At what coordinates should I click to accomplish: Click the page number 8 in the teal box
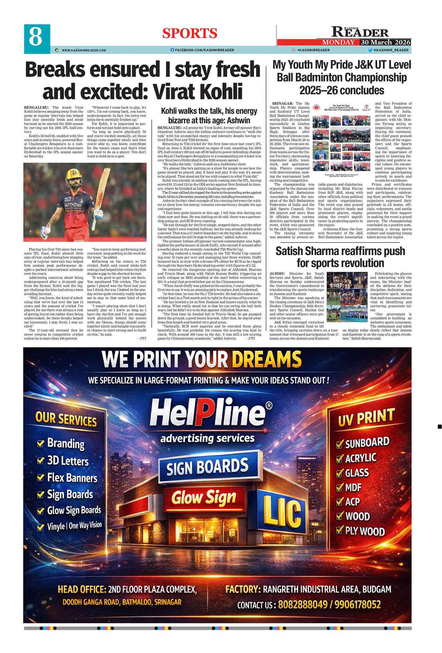point(36,37)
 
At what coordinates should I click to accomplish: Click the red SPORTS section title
point(190,33)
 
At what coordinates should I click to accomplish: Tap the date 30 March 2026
point(385,42)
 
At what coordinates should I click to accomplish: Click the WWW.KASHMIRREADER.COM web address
point(84,50)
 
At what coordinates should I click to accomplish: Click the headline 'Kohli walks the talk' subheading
point(209,115)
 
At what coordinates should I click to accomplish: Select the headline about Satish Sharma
point(340,257)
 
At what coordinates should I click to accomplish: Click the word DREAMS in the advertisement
point(267,359)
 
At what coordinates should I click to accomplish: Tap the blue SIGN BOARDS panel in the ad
point(208,467)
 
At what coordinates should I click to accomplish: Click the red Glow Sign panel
point(204,498)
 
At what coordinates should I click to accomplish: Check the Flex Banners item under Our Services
point(72,478)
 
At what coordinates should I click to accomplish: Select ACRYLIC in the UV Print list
point(361,458)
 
